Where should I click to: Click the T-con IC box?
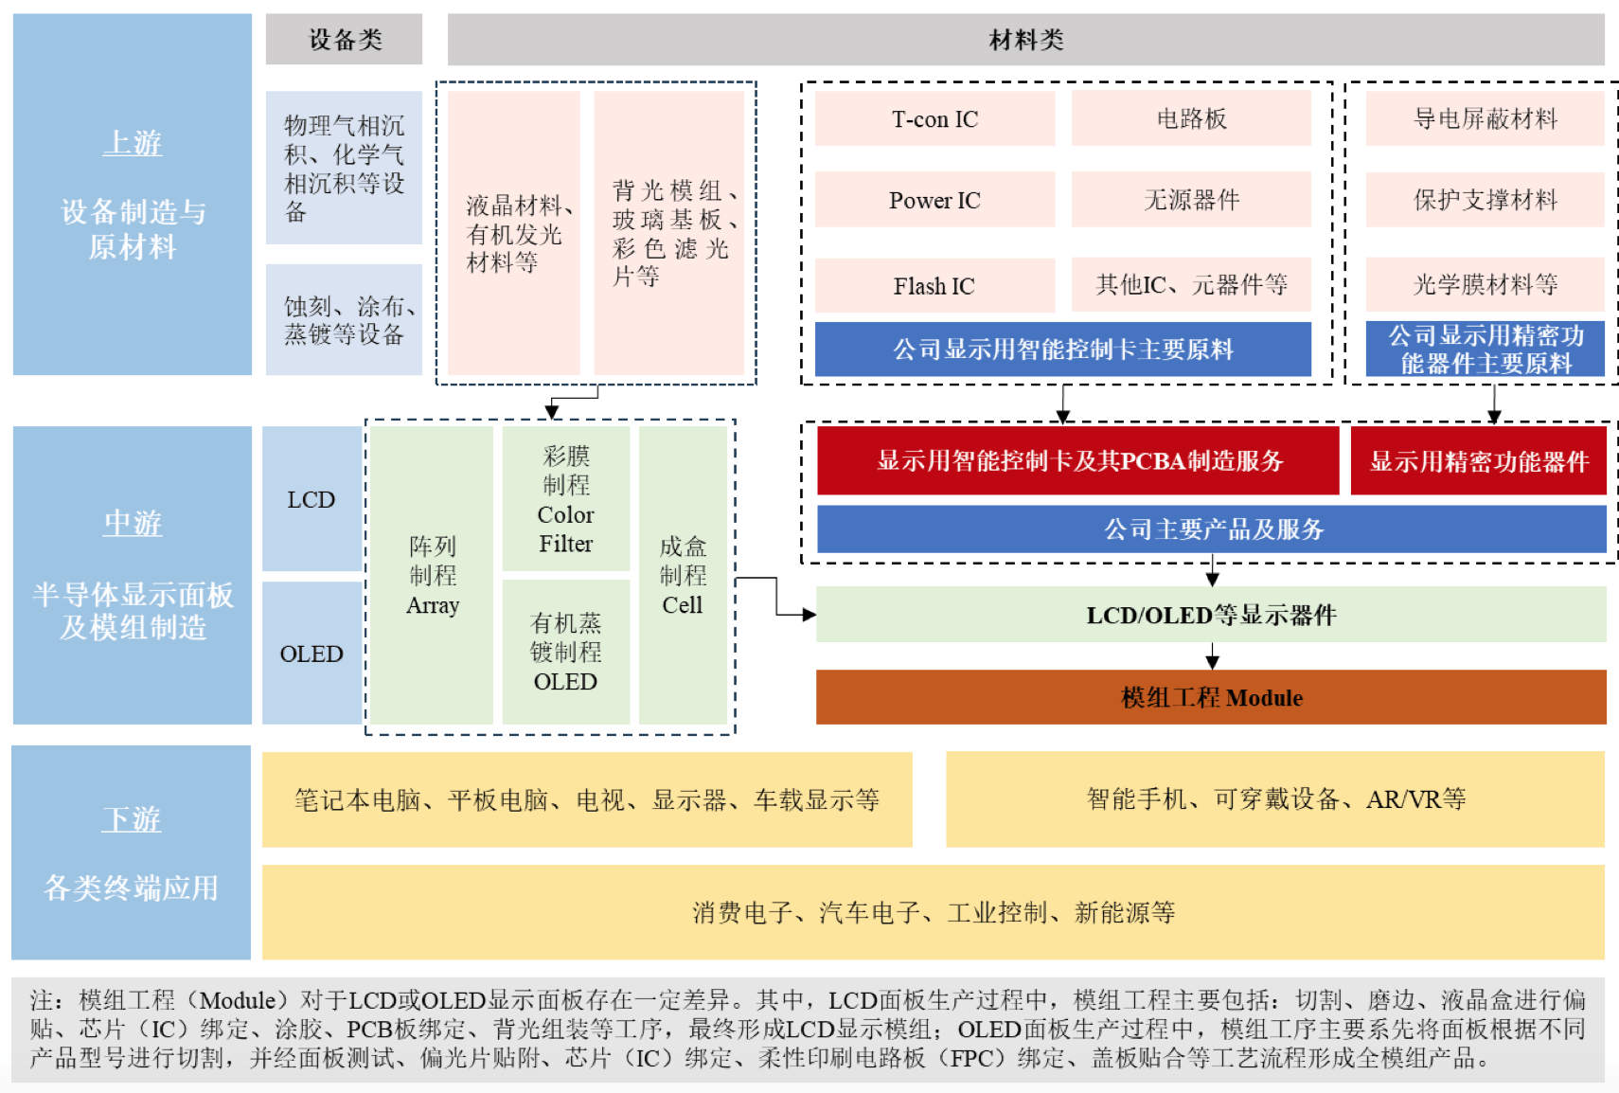(x=934, y=119)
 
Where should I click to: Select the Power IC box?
(x=934, y=200)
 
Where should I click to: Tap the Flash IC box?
(x=934, y=285)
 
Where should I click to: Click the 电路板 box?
(x=1190, y=119)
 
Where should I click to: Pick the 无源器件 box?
(x=1190, y=200)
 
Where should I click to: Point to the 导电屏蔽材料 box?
(x=1485, y=119)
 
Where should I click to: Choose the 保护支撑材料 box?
(x=1485, y=200)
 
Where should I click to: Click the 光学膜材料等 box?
(x=1485, y=284)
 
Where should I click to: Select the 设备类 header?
(x=344, y=40)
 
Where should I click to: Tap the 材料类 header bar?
(x=1025, y=40)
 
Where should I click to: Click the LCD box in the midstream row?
(x=311, y=499)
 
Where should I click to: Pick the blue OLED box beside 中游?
(x=311, y=654)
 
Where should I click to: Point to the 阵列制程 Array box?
(x=432, y=575)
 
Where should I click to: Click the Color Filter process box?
(x=565, y=499)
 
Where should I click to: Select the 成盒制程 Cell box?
(x=682, y=575)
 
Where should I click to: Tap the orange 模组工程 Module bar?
(x=1211, y=698)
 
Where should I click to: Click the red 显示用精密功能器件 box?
(x=1478, y=461)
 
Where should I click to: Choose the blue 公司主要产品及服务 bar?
(x=1211, y=529)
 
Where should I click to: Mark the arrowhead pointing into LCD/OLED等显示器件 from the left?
(x=809, y=615)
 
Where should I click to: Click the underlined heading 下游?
(x=132, y=819)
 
